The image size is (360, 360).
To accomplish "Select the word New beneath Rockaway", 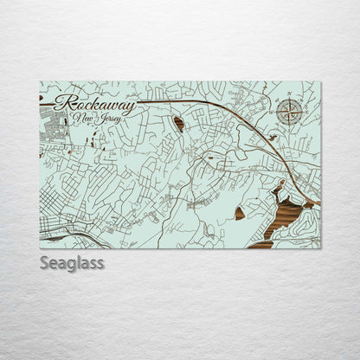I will pyautogui.click(x=84, y=118).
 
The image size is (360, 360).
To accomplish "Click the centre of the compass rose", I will pyautogui.click(x=289, y=110).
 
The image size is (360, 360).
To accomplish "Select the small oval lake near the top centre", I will pyautogui.click(x=178, y=124).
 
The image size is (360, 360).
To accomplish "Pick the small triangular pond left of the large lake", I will pyautogui.click(x=240, y=213).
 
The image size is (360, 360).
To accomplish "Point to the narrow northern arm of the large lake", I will pyautogui.click(x=277, y=188).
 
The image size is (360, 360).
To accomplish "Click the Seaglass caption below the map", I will pyautogui.click(x=72, y=262).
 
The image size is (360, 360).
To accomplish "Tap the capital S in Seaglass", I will pyautogui.click(x=44, y=262).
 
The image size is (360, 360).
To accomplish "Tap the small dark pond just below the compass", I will pyautogui.click(x=272, y=137).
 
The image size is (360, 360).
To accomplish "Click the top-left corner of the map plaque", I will pyautogui.click(x=41, y=82).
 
